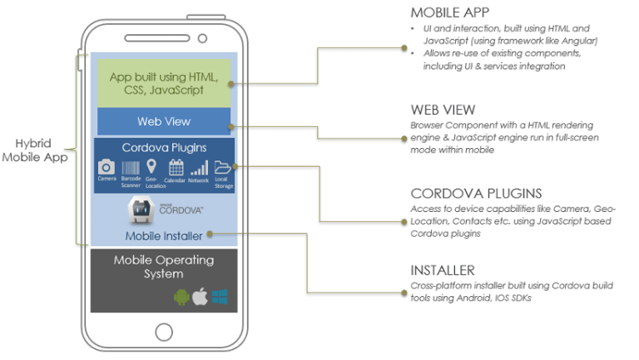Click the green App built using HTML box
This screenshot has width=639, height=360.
click(x=164, y=83)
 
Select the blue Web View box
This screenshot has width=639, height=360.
click(x=164, y=121)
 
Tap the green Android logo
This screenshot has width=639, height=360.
click(x=181, y=297)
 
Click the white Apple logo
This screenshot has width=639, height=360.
click(x=201, y=296)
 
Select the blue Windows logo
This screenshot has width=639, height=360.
click(x=220, y=297)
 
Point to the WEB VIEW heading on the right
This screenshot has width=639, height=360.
click(x=443, y=110)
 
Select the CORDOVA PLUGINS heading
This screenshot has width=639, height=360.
click(x=464, y=194)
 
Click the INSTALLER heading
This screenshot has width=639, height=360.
click(x=443, y=270)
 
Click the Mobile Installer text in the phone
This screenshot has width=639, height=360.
click(x=164, y=236)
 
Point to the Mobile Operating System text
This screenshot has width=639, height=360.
click(x=164, y=267)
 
